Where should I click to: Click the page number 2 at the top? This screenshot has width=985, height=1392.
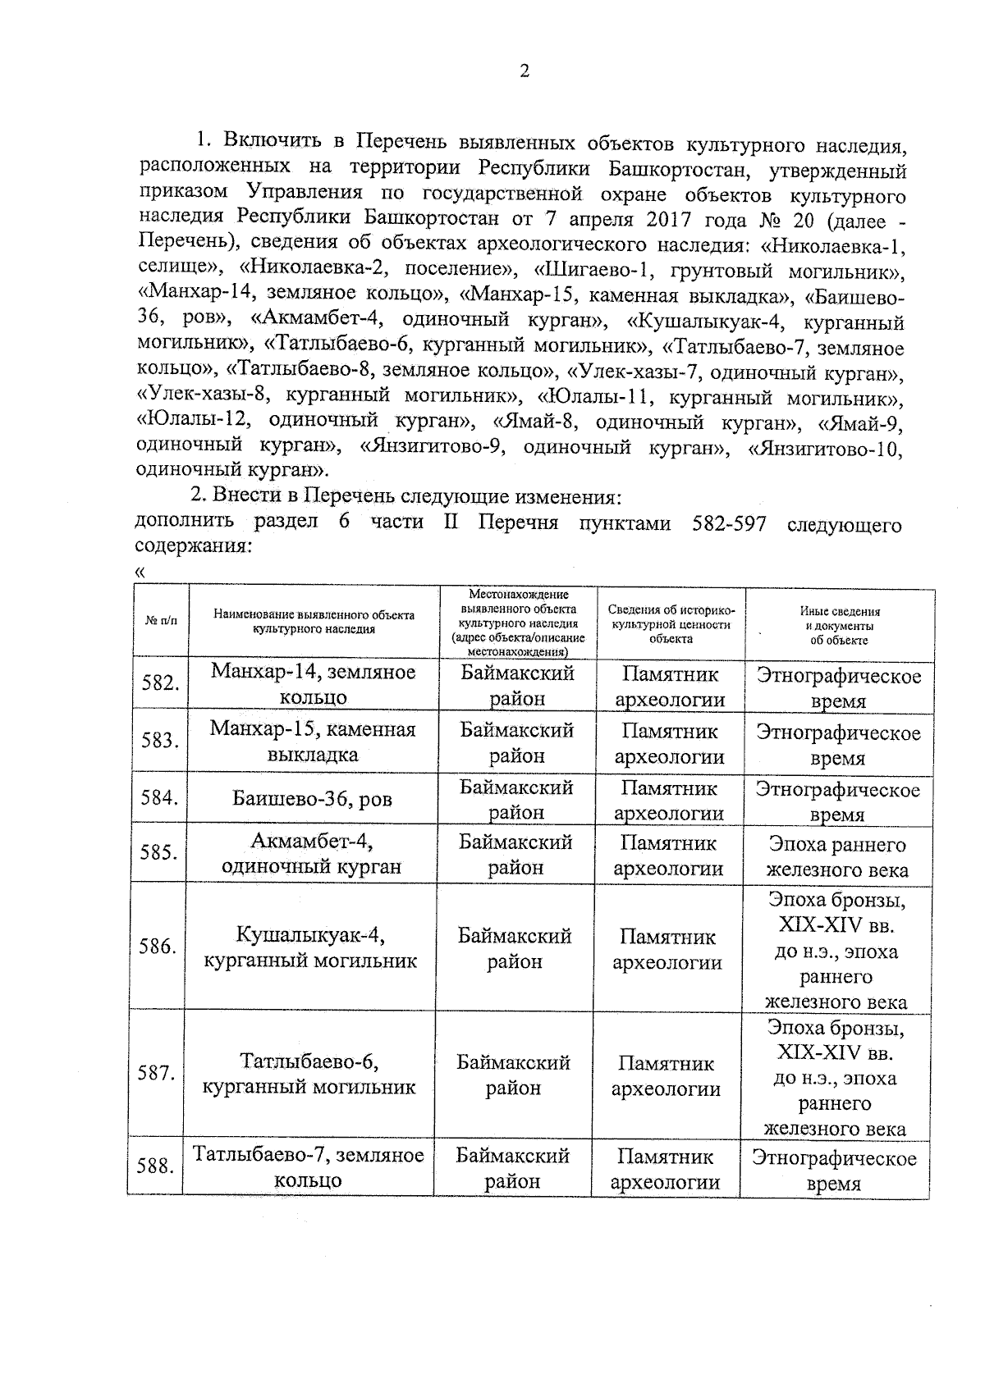(x=525, y=71)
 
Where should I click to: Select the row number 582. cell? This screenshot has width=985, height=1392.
(x=160, y=682)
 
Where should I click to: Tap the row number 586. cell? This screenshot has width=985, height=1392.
(x=158, y=947)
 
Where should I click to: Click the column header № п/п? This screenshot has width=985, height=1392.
(x=161, y=621)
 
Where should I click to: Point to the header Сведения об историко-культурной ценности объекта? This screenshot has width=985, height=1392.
(x=671, y=623)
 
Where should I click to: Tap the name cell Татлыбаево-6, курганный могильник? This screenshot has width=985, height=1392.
(x=309, y=1074)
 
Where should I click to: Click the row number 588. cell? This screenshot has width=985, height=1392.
(x=155, y=1166)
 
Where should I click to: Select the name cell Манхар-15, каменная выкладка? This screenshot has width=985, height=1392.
(x=312, y=741)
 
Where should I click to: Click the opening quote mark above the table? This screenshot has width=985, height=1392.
(x=140, y=572)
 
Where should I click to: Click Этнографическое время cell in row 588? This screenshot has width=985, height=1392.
(x=833, y=1171)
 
